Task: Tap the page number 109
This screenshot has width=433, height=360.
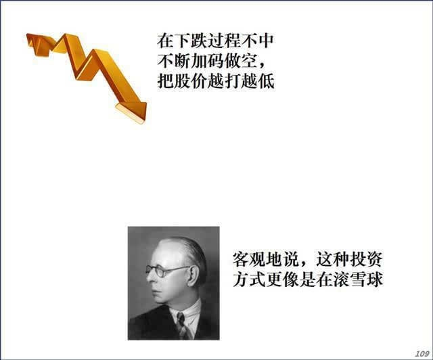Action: coord(421,354)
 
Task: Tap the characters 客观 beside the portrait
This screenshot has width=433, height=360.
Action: coord(250,259)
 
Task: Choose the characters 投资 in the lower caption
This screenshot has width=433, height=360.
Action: coord(366,259)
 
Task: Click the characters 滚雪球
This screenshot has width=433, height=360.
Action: coord(358,279)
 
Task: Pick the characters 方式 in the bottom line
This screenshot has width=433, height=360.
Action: coord(250,279)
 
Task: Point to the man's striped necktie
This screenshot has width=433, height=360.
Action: coord(183,326)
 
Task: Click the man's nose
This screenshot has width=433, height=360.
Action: coord(150,279)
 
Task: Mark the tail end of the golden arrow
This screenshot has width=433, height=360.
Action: coord(28,39)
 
